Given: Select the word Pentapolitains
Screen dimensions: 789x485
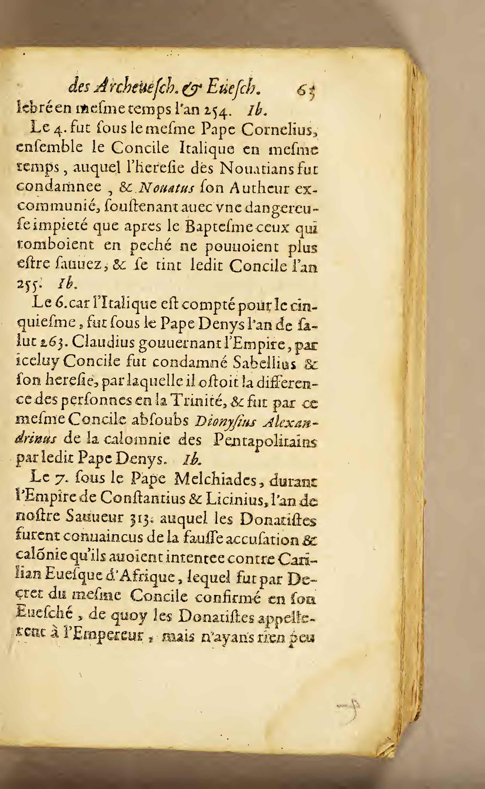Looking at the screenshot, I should tap(265, 441).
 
